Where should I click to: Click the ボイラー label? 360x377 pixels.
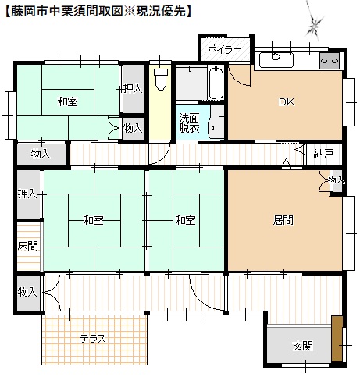click(224, 49)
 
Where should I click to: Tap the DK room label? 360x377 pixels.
click(286, 101)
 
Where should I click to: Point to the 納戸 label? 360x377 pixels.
click(323, 153)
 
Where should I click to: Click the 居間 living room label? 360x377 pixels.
click(283, 221)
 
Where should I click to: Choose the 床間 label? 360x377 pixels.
click(27, 245)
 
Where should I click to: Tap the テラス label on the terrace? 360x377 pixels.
click(93, 340)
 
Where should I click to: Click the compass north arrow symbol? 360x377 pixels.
click(314, 26)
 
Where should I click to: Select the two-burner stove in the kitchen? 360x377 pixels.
click(329, 60)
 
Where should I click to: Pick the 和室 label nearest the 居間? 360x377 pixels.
click(185, 221)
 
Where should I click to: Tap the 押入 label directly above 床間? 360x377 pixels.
click(27, 193)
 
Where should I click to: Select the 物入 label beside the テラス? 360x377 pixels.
click(27, 292)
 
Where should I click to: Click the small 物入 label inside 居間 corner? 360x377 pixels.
click(336, 180)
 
